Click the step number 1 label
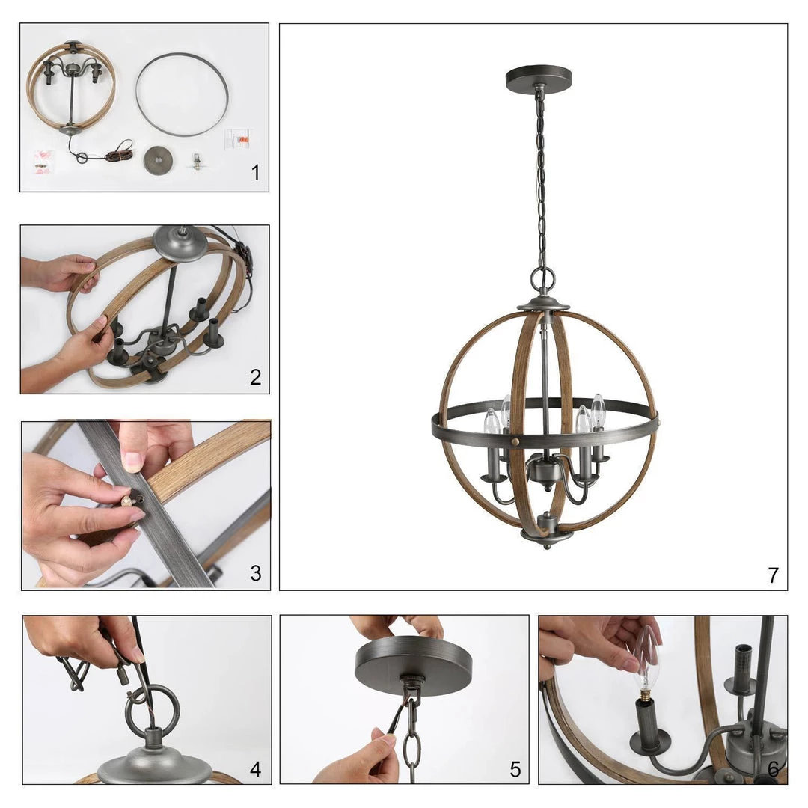click(x=255, y=173)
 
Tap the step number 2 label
click(x=255, y=377)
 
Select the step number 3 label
click(x=256, y=573)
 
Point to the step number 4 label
click(x=255, y=769)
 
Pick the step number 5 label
click(x=515, y=769)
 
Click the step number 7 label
click(x=773, y=575)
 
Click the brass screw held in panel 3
click(x=129, y=501)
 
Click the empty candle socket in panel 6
click(x=741, y=670)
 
